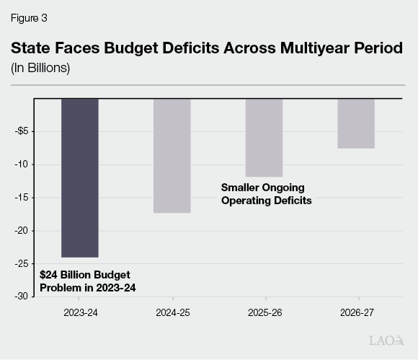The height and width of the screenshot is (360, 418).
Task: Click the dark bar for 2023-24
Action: (79, 177)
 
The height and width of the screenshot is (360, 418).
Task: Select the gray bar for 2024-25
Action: (172, 155)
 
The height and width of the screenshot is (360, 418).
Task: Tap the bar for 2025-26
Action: (264, 137)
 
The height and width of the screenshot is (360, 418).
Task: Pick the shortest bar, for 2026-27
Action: (356, 123)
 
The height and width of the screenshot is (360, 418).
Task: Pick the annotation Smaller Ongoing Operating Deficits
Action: (266, 194)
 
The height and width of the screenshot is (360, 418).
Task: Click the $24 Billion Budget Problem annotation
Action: (87, 281)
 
